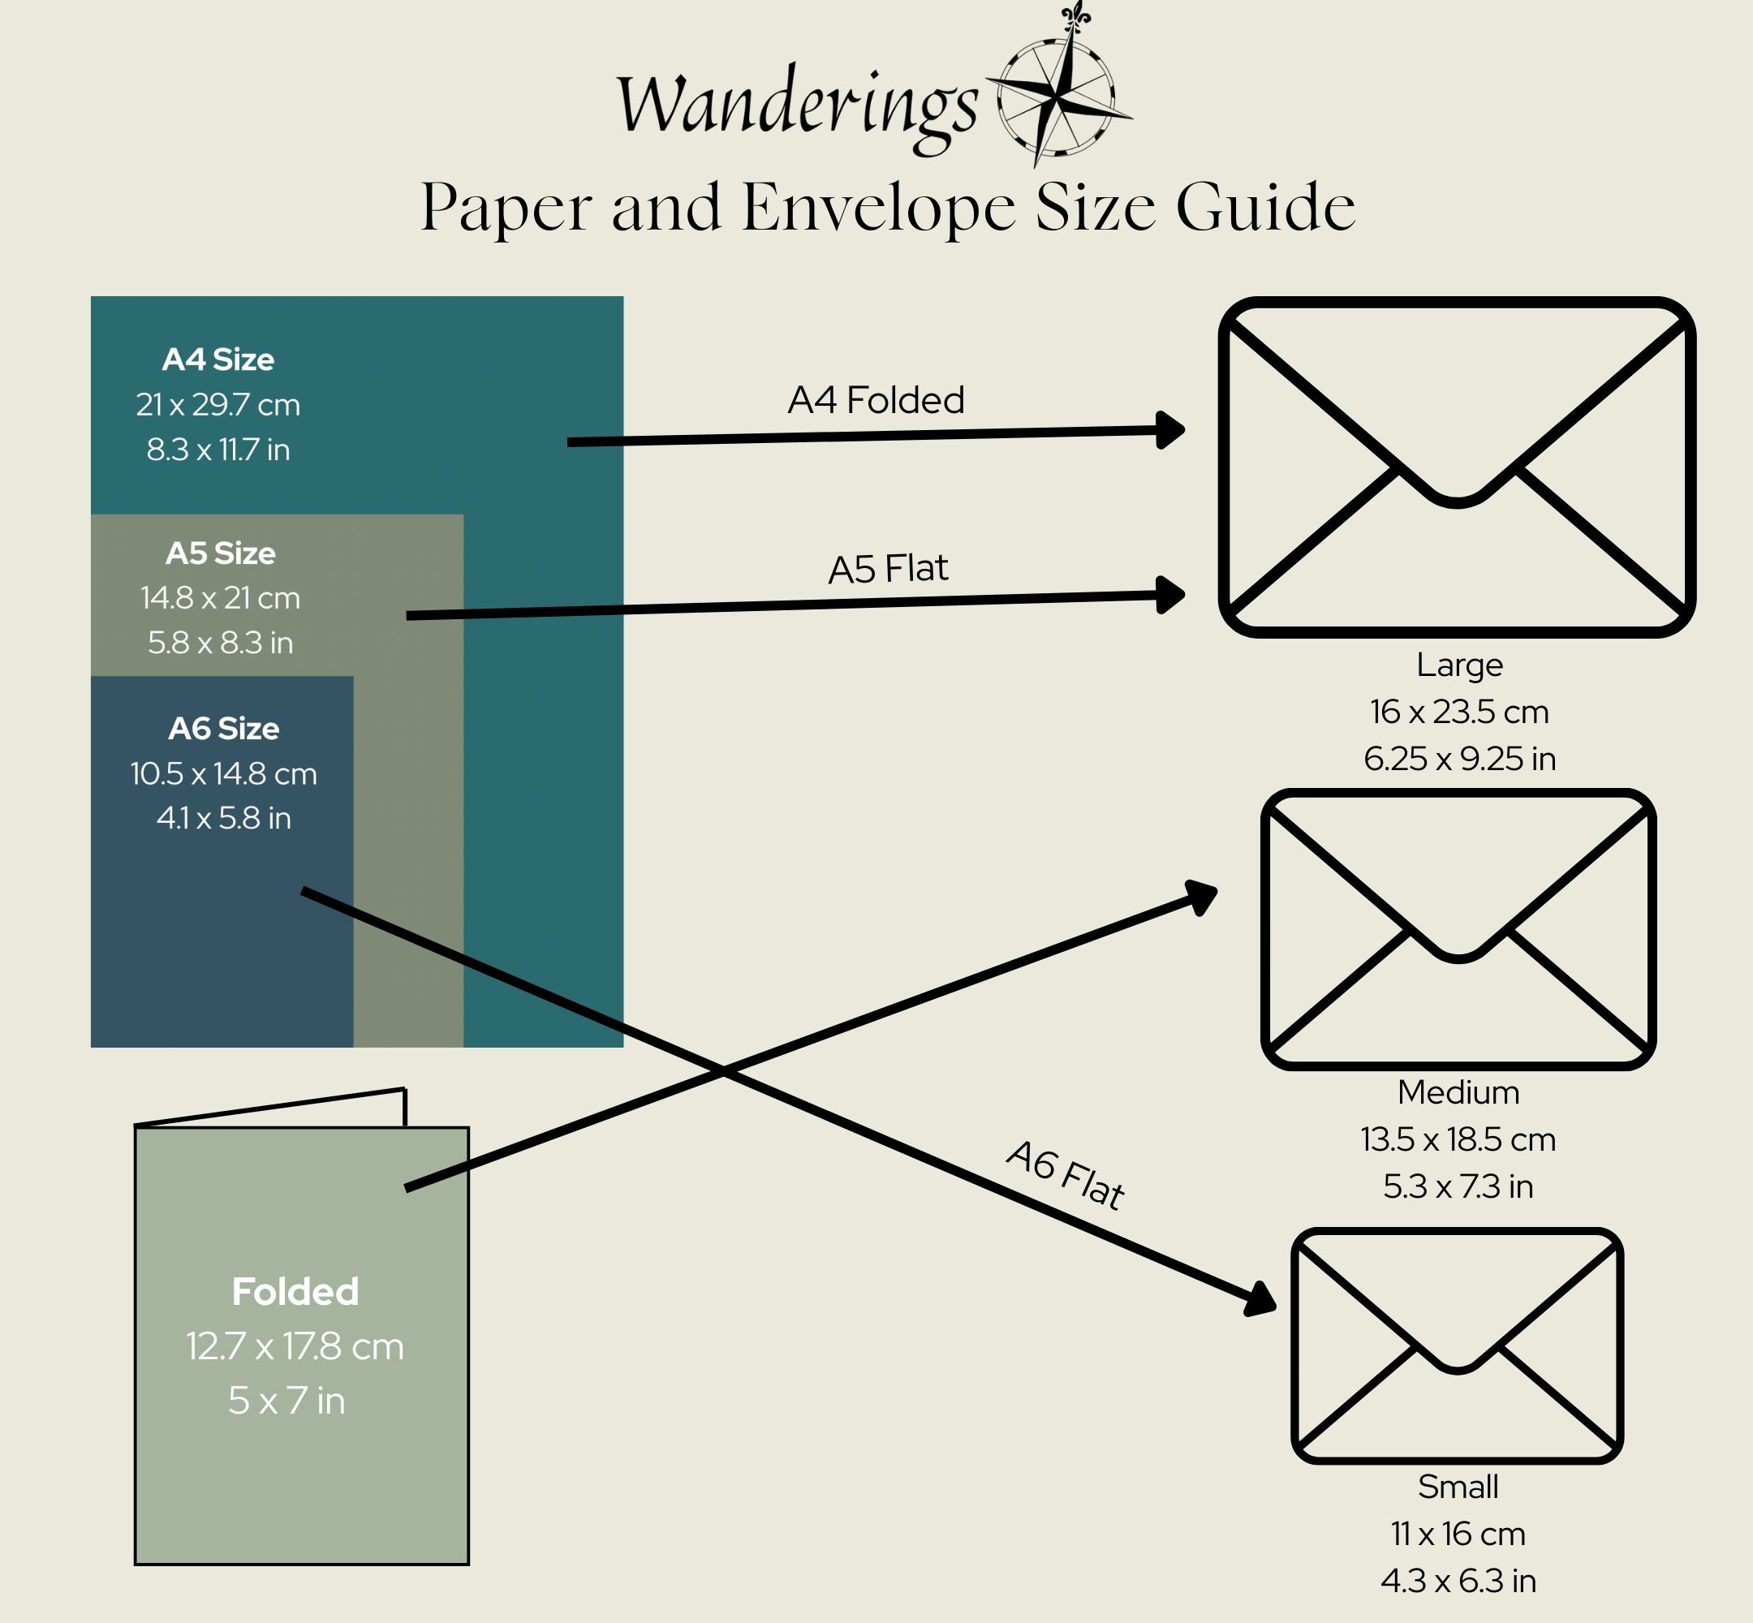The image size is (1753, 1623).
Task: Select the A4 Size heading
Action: point(218,359)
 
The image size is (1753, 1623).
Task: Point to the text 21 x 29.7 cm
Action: point(218,405)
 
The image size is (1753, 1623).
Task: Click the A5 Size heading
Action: point(221,553)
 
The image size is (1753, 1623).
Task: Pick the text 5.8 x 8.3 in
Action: point(221,643)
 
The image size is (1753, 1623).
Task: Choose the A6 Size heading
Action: point(224,729)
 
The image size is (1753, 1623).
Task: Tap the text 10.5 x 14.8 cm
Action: point(224,773)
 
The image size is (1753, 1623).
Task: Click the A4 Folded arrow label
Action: point(876,401)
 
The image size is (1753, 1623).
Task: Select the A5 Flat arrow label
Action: point(888,569)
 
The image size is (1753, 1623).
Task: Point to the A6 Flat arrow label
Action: point(1066,1175)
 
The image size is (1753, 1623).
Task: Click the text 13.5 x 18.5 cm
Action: point(1458,1140)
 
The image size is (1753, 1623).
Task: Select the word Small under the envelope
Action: point(1458,1487)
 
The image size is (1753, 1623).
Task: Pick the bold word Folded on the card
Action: point(295,1292)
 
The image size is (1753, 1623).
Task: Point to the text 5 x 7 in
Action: point(286,1401)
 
